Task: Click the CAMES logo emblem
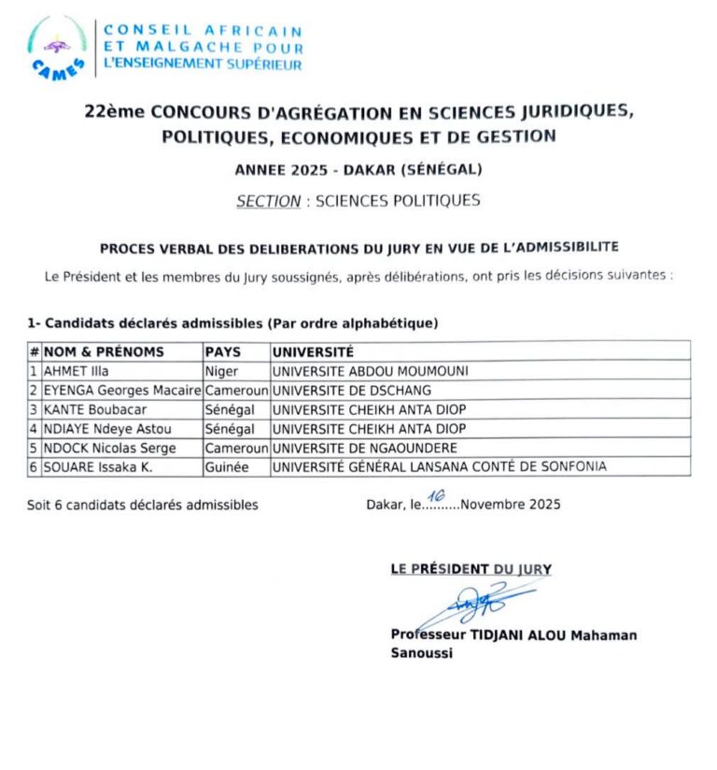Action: click(x=58, y=50)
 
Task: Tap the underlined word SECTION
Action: click(x=269, y=200)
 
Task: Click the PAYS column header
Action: click(x=222, y=351)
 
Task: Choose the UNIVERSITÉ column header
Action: click(x=313, y=351)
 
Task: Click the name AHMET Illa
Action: click(x=77, y=370)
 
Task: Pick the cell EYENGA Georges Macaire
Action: click(x=122, y=390)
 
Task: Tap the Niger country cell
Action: click(x=222, y=370)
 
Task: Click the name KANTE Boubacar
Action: click(x=95, y=409)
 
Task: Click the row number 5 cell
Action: click(x=35, y=448)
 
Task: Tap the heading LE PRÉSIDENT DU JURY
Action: click(x=471, y=568)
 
